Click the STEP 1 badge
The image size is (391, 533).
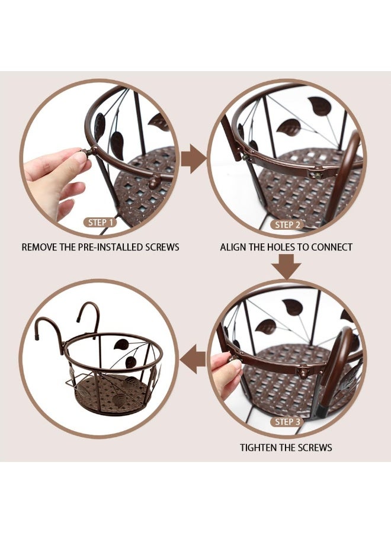point(98,223)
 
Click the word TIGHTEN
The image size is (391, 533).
point(259,448)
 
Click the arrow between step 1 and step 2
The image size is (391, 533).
point(193,159)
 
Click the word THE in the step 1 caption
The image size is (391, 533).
point(74,247)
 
